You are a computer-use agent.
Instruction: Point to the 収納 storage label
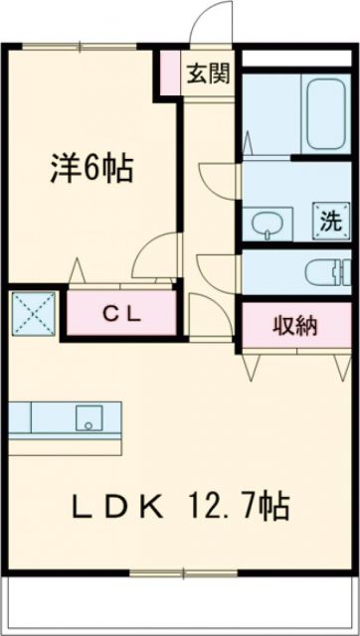tap(295, 326)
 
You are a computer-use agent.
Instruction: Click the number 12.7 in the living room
tap(228, 508)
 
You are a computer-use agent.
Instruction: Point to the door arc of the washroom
tap(217, 179)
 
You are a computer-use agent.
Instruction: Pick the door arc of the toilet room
tap(216, 268)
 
